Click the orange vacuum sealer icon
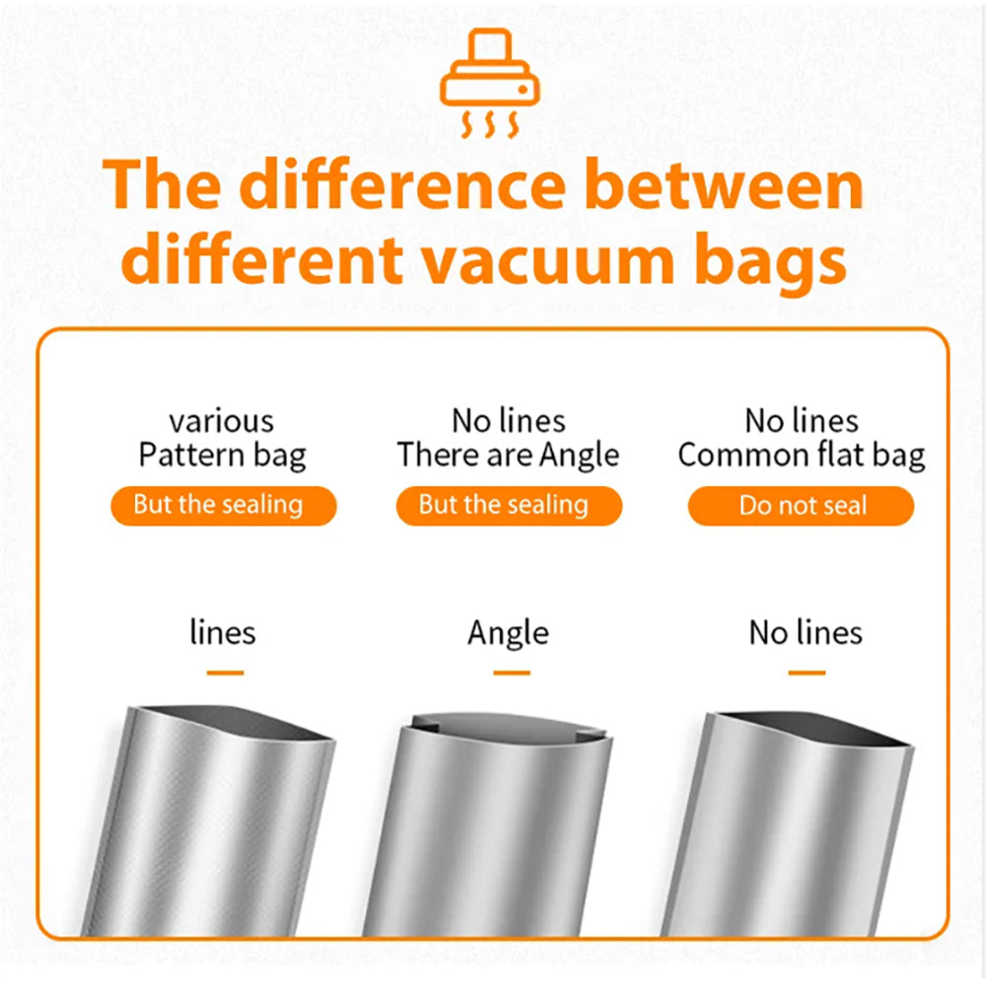coord(489,82)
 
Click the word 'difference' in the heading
coord(403,184)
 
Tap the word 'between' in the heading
coord(724,184)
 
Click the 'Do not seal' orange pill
coord(801,506)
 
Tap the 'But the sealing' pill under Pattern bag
coord(223,506)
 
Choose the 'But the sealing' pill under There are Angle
coord(509,506)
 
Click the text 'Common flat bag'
coord(801,456)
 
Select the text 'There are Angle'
coord(508,456)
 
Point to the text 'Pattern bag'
coord(223,456)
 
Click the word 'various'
coord(221,422)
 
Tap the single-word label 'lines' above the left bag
coord(223,632)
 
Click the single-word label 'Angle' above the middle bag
coord(508,634)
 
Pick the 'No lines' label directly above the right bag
coord(806,633)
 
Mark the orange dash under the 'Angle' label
coord(511,672)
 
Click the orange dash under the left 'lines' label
coord(225,672)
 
